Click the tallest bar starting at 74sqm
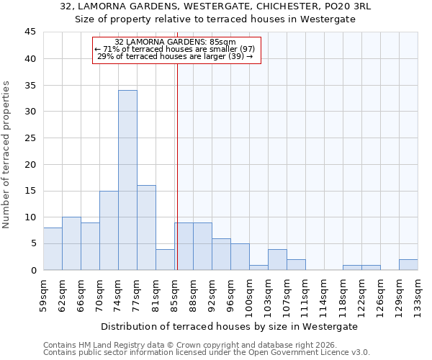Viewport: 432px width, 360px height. click(x=127, y=180)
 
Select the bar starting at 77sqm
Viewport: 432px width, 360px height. click(x=146, y=228)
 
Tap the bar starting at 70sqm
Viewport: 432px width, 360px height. click(x=109, y=230)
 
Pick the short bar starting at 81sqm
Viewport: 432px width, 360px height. click(x=165, y=259)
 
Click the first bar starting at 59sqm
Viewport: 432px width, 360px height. click(x=53, y=248)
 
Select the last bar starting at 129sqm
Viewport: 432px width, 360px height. click(x=408, y=264)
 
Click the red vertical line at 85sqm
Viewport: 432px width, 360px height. click(x=177, y=166)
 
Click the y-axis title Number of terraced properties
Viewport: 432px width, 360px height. click(x=6, y=155)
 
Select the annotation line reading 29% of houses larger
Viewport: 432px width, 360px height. click(x=175, y=56)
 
